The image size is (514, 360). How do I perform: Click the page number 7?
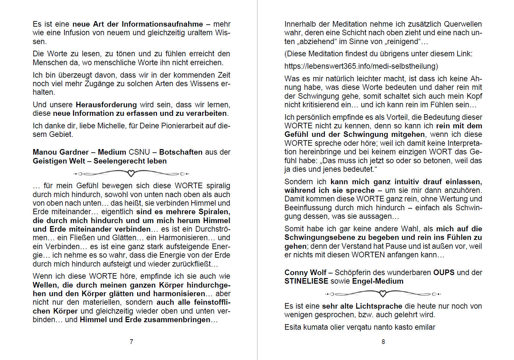(131, 342)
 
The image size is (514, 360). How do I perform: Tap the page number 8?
(383, 342)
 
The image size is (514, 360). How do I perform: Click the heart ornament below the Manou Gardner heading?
(131, 173)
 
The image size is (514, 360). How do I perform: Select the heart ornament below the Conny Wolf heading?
(383, 294)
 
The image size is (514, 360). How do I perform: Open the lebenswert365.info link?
(361, 66)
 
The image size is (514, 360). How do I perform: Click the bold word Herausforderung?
(106, 105)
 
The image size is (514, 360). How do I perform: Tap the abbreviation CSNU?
(139, 152)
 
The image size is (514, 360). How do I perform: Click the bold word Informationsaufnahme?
(162, 24)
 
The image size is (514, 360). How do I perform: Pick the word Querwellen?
(463, 24)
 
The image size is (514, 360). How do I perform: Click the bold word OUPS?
(444, 272)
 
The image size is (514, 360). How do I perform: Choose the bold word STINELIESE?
(306, 281)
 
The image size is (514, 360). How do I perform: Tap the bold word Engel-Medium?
(377, 281)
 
